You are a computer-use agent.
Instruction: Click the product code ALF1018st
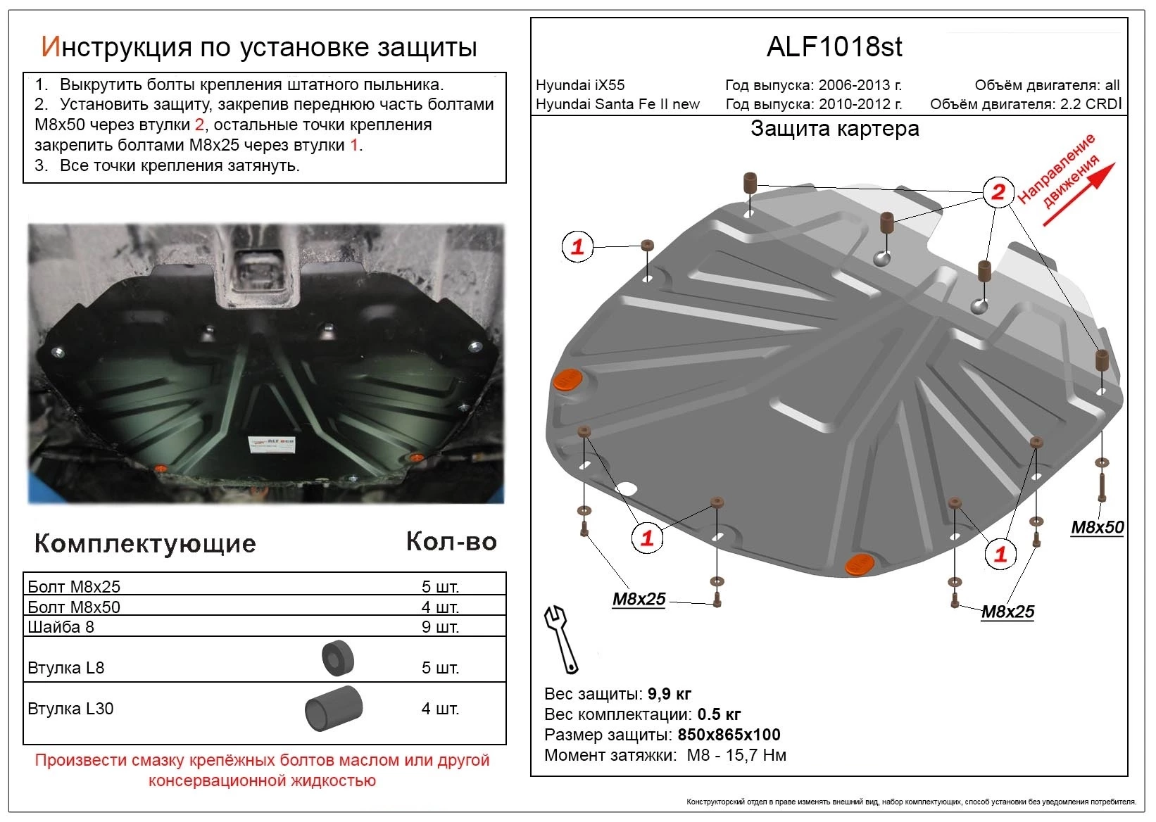834,47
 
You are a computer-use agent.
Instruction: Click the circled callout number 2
998,191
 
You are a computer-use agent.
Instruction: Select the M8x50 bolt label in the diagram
1097,527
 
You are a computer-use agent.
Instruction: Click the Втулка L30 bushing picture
333,708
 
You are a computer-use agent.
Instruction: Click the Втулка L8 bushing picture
337,659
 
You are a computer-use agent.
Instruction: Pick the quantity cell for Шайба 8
440,626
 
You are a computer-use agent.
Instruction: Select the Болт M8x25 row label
74,586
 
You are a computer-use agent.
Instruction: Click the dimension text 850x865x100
729,735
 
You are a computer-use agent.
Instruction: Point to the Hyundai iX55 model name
580,85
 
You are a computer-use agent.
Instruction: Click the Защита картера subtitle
834,129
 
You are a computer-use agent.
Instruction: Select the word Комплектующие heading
145,543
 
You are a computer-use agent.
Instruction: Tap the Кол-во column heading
451,541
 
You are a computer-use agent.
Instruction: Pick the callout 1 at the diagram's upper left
577,247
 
